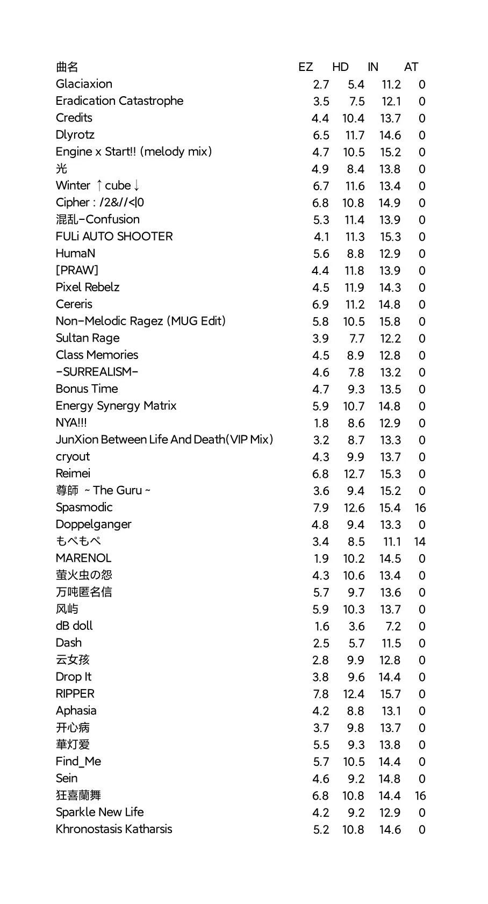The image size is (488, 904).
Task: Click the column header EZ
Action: coord(305,67)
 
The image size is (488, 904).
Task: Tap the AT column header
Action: coord(411,67)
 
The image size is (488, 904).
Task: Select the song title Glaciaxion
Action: coord(84,84)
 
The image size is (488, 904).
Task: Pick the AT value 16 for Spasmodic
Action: coord(420,508)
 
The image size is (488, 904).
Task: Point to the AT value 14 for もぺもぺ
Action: coord(420,542)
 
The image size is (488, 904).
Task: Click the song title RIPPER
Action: coord(75,694)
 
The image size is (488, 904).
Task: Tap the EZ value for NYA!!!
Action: coord(321,424)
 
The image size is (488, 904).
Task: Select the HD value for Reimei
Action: coord(354,474)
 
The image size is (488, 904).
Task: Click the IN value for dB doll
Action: coord(393,627)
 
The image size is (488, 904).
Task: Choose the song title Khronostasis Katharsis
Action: coord(114,829)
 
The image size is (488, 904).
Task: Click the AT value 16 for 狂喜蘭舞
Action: coord(420,796)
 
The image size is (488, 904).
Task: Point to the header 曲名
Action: coord(67,67)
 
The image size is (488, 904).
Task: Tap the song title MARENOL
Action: coord(83,558)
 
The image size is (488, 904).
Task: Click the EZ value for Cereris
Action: coord(320,305)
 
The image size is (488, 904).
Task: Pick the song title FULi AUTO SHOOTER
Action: coord(114,236)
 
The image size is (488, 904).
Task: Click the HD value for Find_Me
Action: coord(354,762)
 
